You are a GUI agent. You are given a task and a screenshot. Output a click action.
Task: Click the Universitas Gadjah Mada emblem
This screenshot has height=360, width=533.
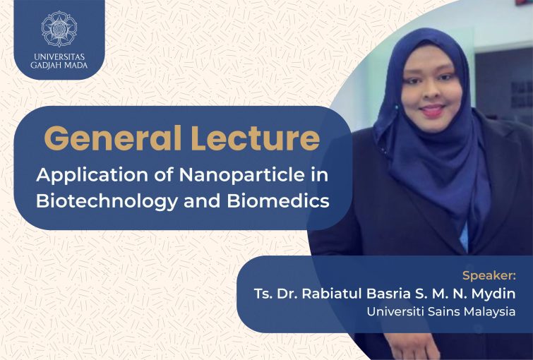tap(59, 29)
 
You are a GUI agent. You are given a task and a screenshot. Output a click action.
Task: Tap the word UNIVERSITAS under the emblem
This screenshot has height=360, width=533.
tap(59, 56)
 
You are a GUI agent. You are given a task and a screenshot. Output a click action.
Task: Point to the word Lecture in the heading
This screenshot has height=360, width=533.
tap(256, 138)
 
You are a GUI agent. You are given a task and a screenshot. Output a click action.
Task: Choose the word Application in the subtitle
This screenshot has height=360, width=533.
tap(92, 176)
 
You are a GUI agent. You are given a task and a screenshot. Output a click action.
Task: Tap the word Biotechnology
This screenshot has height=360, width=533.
tap(107, 202)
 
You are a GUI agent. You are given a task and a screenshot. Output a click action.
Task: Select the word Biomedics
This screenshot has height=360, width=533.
tap(278, 200)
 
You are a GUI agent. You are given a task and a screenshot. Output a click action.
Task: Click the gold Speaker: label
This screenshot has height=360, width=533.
tap(489, 276)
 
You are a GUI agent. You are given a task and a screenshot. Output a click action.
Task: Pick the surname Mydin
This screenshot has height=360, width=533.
tap(493, 294)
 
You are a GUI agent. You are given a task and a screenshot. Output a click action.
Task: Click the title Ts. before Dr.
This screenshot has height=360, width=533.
tap(263, 294)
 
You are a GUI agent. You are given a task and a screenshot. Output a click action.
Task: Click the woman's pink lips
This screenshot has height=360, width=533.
tap(432, 111)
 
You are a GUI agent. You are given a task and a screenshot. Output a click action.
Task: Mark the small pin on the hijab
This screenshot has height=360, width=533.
tap(396, 107)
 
